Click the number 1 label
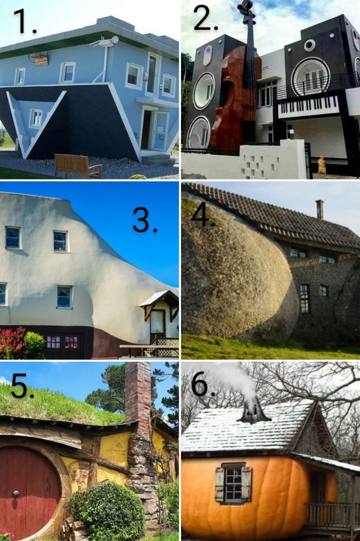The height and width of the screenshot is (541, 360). (x=25, y=22)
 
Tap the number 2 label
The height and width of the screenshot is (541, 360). (x=205, y=18)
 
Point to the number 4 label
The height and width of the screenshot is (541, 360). (x=203, y=215)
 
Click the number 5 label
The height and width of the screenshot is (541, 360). (x=22, y=386)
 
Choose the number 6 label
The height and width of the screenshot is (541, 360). (x=203, y=384)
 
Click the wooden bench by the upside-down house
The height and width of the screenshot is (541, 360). (x=78, y=166)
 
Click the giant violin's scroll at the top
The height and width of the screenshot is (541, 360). (x=247, y=8)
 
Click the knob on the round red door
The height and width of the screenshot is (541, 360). (x=16, y=493)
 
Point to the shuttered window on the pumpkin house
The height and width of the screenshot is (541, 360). (x=233, y=484)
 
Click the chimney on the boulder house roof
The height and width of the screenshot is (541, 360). (x=319, y=209)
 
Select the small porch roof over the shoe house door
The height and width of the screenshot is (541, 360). (x=159, y=299)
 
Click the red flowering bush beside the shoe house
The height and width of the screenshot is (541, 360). (x=12, y=343)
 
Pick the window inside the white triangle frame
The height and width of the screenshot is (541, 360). (x=36, y=117)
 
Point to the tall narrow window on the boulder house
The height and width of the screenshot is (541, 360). (x=304, y=299)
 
